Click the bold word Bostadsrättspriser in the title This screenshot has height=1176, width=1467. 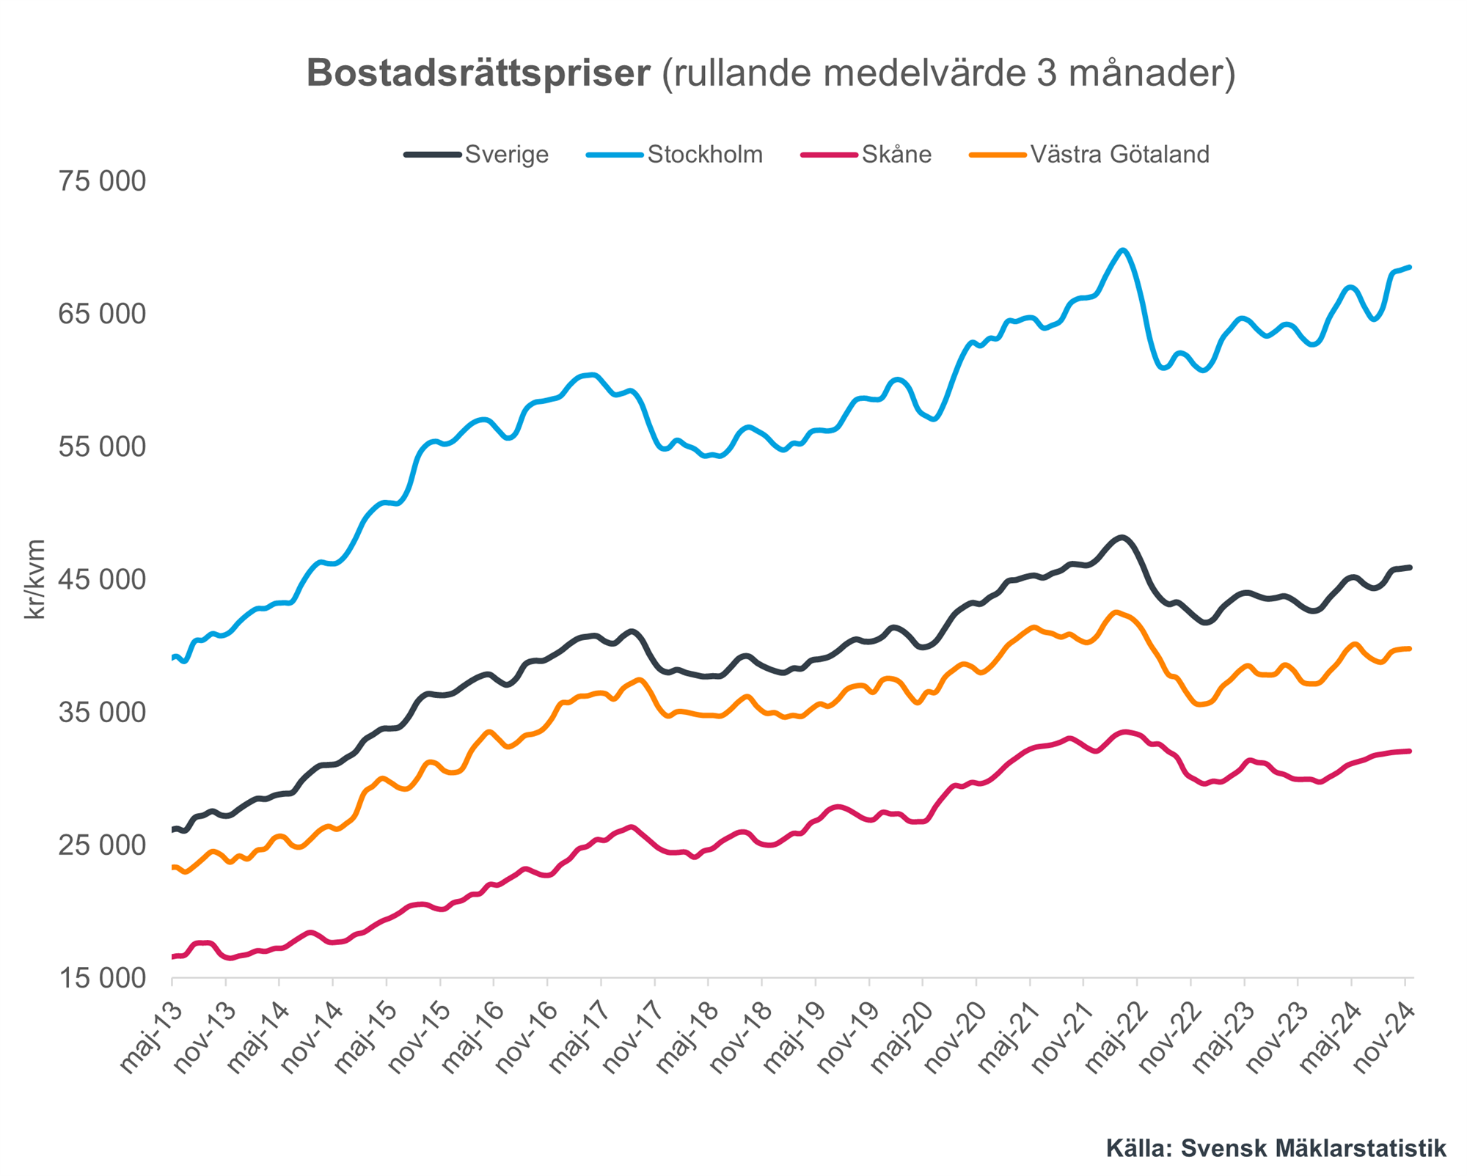click(x=478, y=73)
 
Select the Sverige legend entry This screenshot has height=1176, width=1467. click(x=506, y=155)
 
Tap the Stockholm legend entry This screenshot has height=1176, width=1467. click(x=704, y=155)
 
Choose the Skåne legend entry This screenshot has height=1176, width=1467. click(x=896, y=155)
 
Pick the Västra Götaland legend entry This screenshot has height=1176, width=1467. click(x=1119, y=155)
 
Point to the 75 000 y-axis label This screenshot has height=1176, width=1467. click(x=102, y=181)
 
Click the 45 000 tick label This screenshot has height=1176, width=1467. click(x=102, y=580)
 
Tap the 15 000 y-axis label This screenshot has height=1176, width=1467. click(x=102, y=978)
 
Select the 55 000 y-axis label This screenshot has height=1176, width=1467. click(x=102, y=446)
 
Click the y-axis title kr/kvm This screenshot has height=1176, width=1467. click(x=34, y=579)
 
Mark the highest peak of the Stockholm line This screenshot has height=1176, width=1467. click(x=1122, y=250)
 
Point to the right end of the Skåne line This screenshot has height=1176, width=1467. click(x=1410, y=751)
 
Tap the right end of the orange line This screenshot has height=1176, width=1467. click(x=1410, y=648)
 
